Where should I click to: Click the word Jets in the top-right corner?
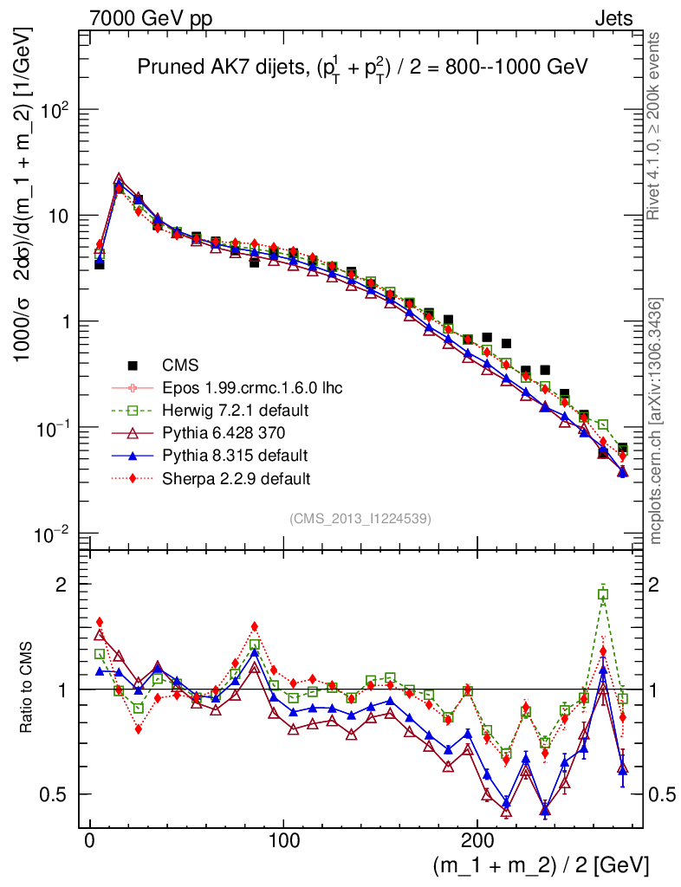click(613, 18)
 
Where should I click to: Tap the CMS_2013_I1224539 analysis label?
click(360, 518)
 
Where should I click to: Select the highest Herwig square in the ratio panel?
click(603, 594)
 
